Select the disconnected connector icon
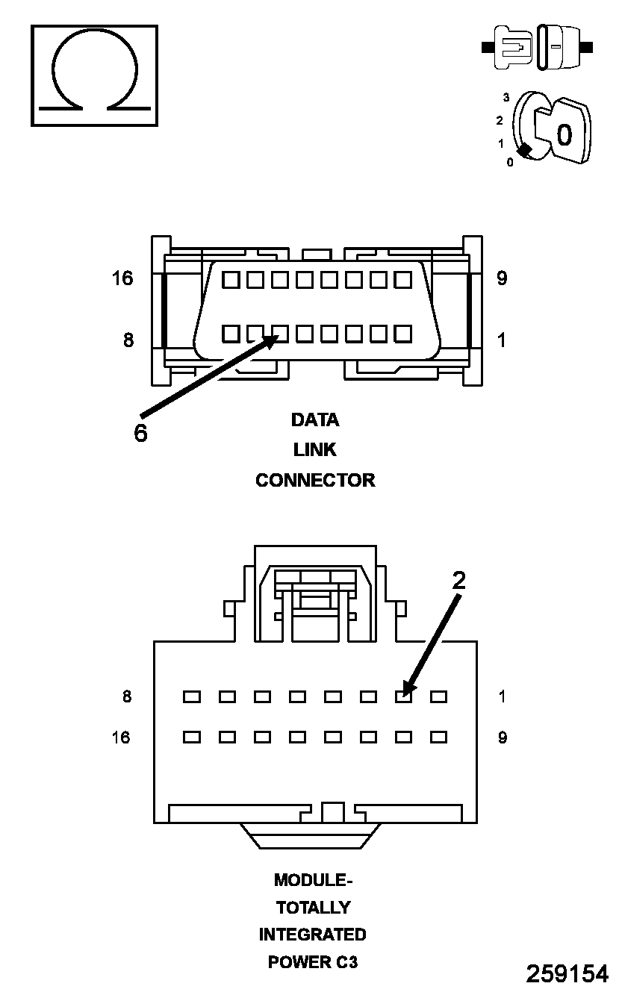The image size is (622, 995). click(x=538, y=47)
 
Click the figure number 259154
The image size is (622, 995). click(x=567, y=973)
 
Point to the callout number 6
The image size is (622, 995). click(x=140, y=433)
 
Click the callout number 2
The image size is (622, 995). click(x=458, y=581)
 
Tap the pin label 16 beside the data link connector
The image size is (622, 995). click(x=122, y=278)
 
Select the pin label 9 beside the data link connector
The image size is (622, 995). click(x=502, y=278)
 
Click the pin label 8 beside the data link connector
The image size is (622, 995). click(x=128, y=340)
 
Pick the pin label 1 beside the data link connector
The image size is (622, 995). click(x=501, y=340)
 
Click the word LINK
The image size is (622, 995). click(x=314, y=450)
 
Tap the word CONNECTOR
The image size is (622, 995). click(x=315, y=480)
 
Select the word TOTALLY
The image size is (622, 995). click(x=313, y=908)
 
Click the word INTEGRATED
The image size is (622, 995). click(x=313, y=935)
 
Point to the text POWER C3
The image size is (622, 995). click(x=313, y=962)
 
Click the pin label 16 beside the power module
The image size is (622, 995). click(x=121, y=737)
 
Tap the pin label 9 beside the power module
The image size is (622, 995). click(x=503, y=737)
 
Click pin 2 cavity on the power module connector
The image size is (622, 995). click(x=404, y=696)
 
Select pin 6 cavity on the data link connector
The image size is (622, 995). click(x=280, y=333)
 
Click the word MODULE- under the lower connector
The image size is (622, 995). click(x=313, y=880)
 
